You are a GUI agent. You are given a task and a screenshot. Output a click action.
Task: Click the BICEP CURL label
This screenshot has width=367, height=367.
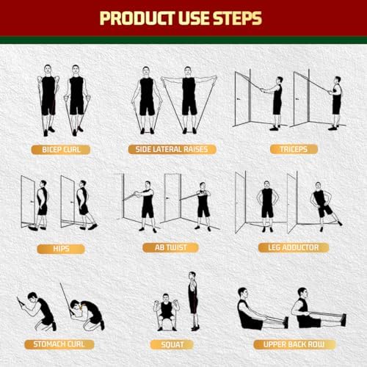click(x=61, y=149)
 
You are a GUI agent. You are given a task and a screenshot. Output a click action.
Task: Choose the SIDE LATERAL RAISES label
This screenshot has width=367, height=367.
click(x=172, y=149)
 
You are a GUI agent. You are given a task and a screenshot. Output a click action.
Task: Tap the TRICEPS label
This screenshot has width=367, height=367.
click(x=288, y=149)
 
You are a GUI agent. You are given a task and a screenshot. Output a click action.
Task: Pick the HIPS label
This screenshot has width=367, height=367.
click(x=61, y=247)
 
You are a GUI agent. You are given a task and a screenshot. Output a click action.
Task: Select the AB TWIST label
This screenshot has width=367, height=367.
click(x=172, y=247)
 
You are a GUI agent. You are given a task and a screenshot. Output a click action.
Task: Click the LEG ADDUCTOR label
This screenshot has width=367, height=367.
click(x=288, y=247)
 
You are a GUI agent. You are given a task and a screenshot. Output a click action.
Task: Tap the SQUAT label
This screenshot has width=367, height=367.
click(x=172, y=344)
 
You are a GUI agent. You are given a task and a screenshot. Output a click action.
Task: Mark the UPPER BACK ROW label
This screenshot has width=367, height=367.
click(x=288, y=344)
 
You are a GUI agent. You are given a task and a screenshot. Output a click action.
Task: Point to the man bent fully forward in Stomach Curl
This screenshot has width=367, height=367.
click(x=90, y=312)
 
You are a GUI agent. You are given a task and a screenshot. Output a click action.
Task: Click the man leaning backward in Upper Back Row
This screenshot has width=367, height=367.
click(x=302, y=313)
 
